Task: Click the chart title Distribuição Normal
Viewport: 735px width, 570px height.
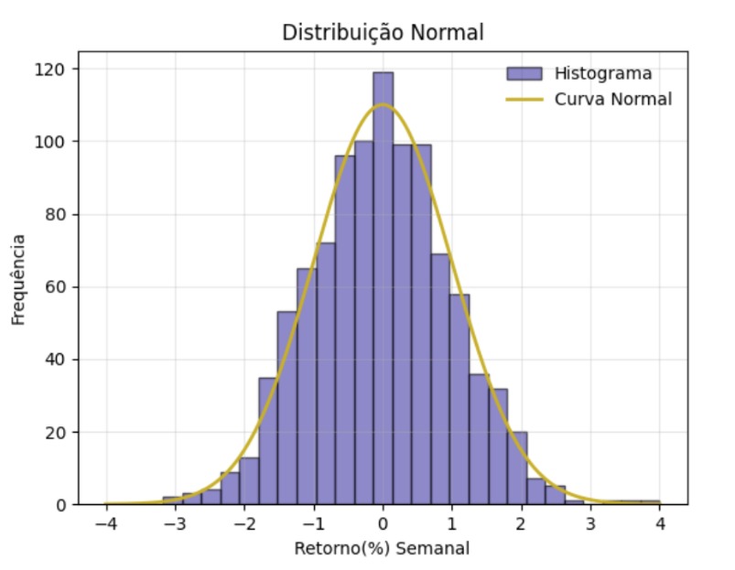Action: pyautogui.click(x=383, y=33)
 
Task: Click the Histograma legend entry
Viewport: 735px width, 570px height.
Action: pyautogui.click(x=603, y=73)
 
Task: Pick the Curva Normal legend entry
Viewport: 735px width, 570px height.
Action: pyautogui.click(x=612, y=98)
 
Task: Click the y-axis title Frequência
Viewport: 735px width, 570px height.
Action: pyautogui.click(x=18, y=280)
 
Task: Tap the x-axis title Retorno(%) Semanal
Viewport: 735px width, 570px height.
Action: pyautogui.click(x=383, y=549)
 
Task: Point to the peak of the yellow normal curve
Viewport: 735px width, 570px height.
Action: pyautogui.click(x=383, y=105)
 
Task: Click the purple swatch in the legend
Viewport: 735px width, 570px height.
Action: pyautogui.click(x=524, y=73)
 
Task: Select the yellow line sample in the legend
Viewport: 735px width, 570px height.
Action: pyautogui.click(x=524, y=98)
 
